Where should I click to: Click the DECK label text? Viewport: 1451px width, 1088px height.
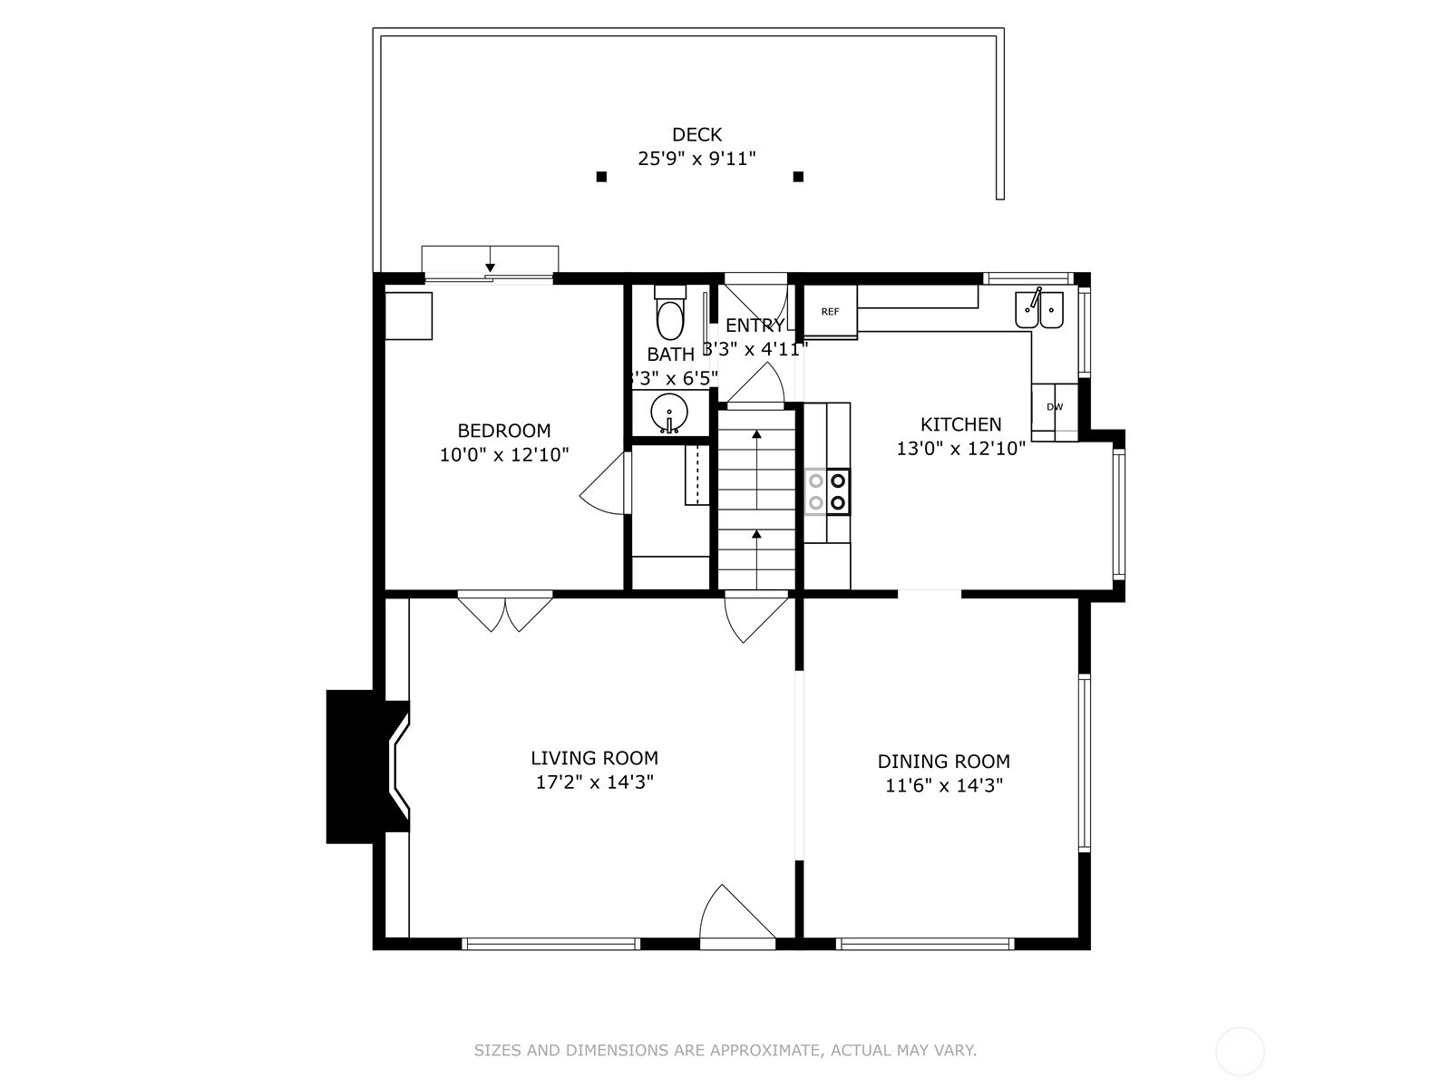tap(696, 135)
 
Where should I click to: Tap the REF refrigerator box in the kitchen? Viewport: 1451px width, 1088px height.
tap(830, 312)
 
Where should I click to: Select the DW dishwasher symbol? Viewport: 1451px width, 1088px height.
tap(1055, 407)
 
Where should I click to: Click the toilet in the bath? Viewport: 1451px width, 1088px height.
tap(670, 315)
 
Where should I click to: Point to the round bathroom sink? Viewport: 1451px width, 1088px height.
tap(669, 414)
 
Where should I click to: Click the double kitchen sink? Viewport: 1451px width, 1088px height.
tap(1039, 309)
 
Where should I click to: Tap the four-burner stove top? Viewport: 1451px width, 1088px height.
tap(827, 491)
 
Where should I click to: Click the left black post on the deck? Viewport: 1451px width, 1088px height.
tap(601, 177)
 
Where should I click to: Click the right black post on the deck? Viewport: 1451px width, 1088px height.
tap(798, 177)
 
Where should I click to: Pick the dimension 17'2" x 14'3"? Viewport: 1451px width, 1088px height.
tap(594, 782)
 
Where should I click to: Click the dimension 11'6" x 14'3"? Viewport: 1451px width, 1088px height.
tap(943, 786)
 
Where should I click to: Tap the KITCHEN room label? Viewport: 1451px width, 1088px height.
tap(960, 424)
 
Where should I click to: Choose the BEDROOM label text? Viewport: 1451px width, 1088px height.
tap(503, 431)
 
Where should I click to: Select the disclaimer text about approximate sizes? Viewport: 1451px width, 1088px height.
tap(725, 1051)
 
